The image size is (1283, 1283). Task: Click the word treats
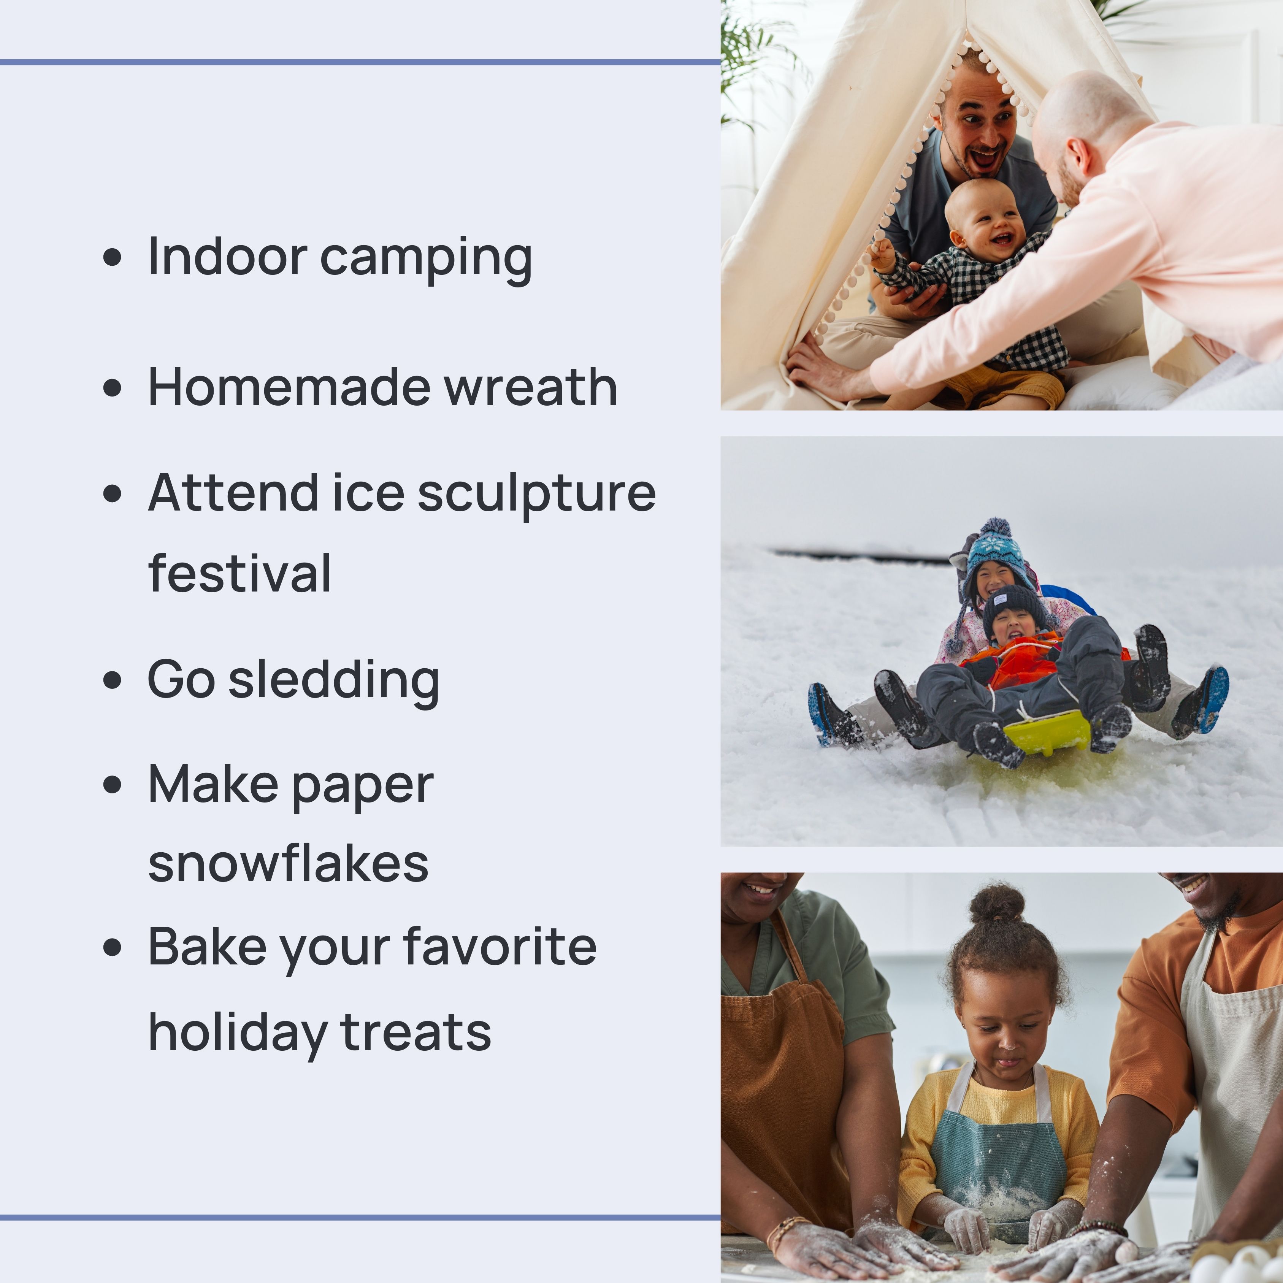[416, 1033]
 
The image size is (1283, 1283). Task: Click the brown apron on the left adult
[783, 1089]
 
